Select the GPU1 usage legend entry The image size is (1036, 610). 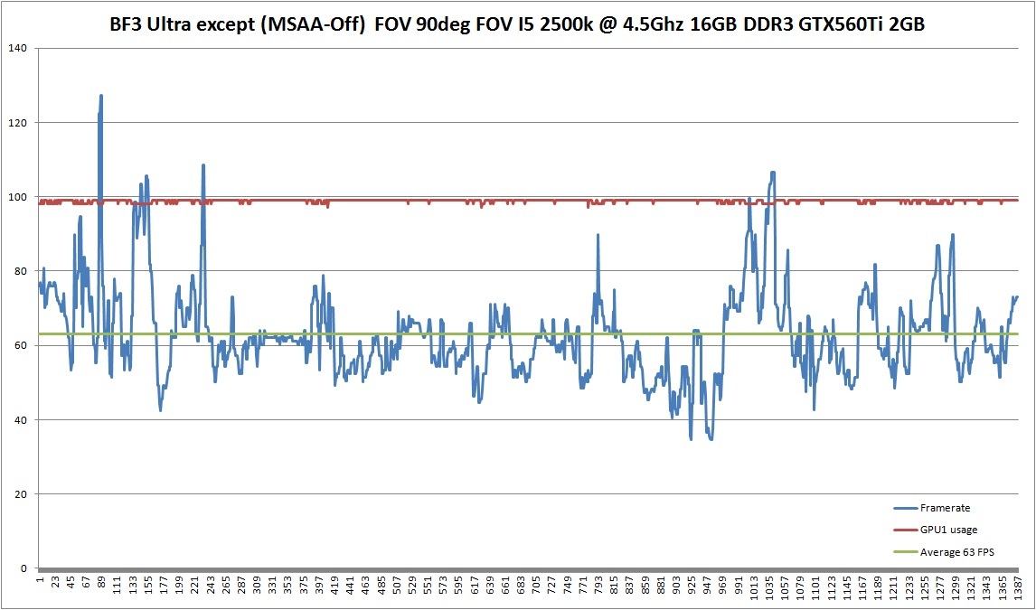947,530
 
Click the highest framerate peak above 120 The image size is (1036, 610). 101,95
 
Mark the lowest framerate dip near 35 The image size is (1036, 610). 711,439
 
